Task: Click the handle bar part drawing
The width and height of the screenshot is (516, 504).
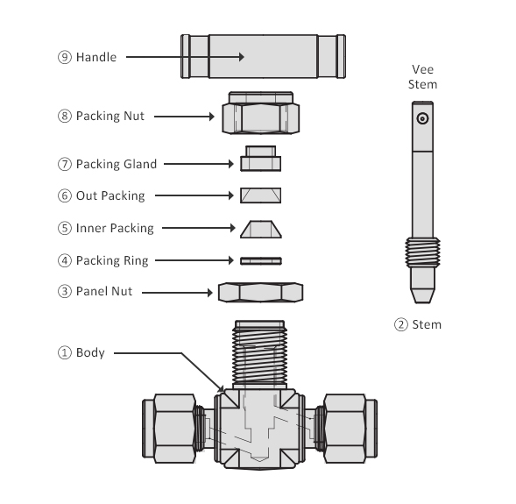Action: tap(262, 57)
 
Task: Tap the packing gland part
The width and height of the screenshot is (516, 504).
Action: tap(261, 160)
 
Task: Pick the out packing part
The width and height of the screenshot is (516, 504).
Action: tap(261, 194)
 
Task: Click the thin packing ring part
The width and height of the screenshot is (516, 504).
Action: tap(261, 260)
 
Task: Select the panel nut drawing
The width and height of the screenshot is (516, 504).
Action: tap(261, 292)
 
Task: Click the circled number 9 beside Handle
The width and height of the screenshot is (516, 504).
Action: tap(65, 57)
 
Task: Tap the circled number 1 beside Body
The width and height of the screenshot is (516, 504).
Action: tap(65, 353)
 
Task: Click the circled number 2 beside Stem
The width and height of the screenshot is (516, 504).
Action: tap(401, 325)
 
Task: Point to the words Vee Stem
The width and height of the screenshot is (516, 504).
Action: tap(424, 77)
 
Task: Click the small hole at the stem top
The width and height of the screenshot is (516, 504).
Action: tap(423, 118)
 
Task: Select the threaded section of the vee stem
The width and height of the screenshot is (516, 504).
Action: tap(423, 254)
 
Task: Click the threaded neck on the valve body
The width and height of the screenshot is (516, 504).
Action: tap(261, 355)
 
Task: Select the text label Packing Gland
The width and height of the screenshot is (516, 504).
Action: tap(117, 164)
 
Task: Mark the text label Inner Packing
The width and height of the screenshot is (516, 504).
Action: tap(115, 228)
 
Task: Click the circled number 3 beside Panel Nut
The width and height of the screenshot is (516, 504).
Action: tap(65, 291)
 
